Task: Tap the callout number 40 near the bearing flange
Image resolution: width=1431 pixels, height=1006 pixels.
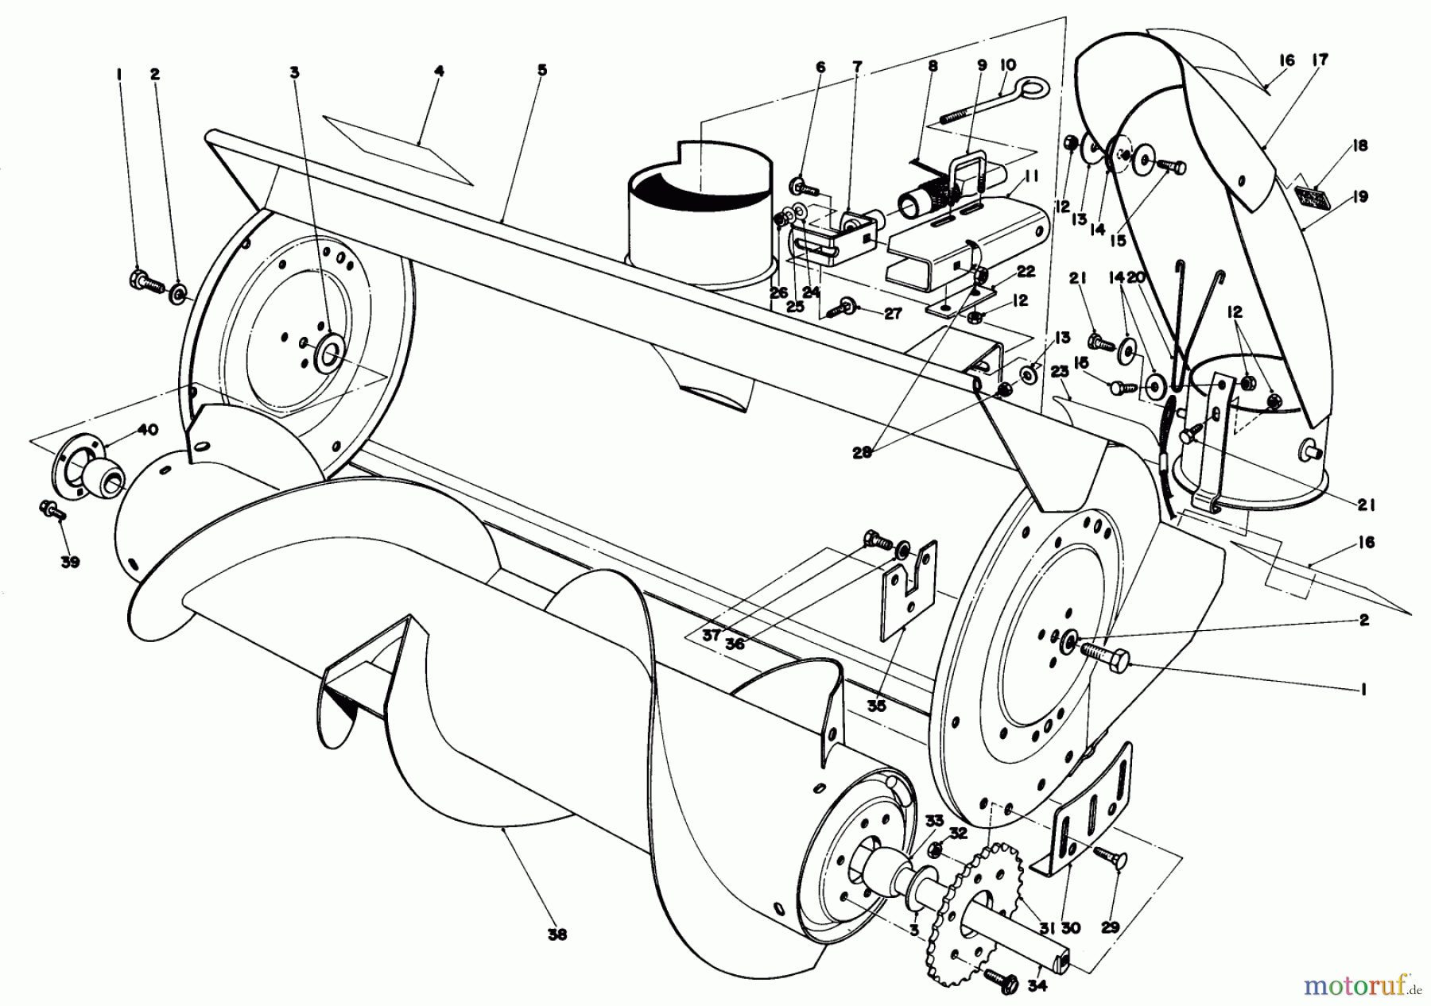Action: [x=148, y=430]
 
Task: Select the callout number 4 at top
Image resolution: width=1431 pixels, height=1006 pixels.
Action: [x=439, y=71]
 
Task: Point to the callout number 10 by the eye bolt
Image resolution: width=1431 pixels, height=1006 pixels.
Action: [x=1007, y=63]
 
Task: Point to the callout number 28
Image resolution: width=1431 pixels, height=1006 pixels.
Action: [x=862, y=454]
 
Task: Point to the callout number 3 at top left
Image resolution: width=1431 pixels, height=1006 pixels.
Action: [x=295, y=72]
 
